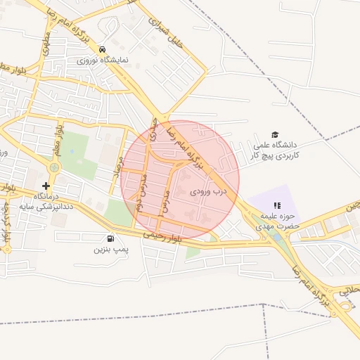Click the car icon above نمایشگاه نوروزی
pyautogui.click(x=103, y=49)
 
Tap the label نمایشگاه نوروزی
pyautogui.click(x=103, y=60)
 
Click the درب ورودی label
pyautogui.click(x=209, y=191)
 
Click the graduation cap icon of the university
pyautogui.click(x=275, y=134)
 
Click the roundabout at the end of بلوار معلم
pyautogui.click(x=54, y=167)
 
